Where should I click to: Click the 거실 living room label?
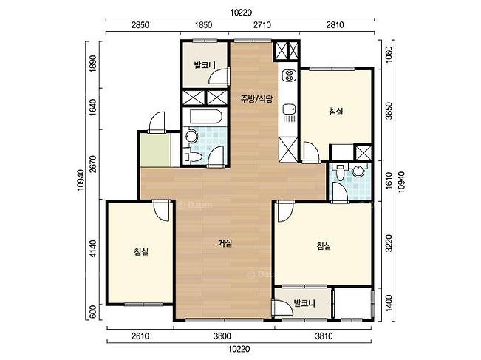[x=225, y=243]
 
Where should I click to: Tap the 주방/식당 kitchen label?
[x=256, y=99]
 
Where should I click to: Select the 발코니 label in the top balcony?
[x=205, y=65]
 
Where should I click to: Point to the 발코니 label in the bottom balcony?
[x=304, y=304]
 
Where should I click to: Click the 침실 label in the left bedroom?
[x=141, y=252]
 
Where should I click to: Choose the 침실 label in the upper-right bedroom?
[x=336, y=111]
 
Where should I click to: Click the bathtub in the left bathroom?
[x=205, y=117]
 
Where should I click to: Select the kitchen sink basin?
[x=289, y=109]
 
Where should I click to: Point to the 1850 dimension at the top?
[x=203, y=25]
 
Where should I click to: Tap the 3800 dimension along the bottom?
[x=222, y=336]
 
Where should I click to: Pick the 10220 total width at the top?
[x=241, y=13]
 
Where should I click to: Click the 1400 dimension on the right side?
[x=389, y=304]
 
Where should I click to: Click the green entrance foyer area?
[x=155, y=150]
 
